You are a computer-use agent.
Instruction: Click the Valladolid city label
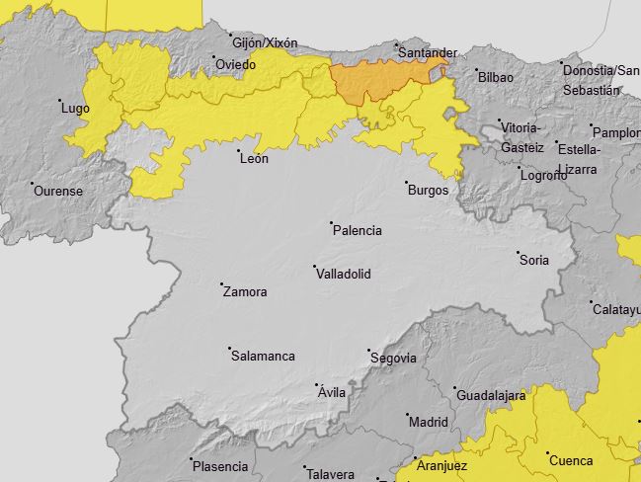point(343,274)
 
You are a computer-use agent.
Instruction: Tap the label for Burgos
point(428,190)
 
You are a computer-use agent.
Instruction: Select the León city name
point(254,158)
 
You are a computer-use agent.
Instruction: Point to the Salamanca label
point(263,356)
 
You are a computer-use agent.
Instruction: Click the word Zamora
point(245,291)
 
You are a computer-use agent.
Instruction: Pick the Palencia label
point(357,230)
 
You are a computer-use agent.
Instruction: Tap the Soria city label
point(533,261)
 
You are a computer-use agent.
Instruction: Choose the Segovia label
point(393,358)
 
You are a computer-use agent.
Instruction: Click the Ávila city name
point(332,392)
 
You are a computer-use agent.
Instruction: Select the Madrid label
point(428,422)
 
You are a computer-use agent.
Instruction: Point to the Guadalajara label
point(491,395)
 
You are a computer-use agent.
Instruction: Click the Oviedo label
point(235,65)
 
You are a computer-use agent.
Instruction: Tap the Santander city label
point(430,52)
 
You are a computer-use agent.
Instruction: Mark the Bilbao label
point(495,76)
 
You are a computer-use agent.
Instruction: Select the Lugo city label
point(75,108)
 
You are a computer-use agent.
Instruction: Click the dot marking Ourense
point(33,184)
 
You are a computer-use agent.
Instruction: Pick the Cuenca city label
point(571,460)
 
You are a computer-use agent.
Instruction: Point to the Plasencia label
point(220,466)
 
